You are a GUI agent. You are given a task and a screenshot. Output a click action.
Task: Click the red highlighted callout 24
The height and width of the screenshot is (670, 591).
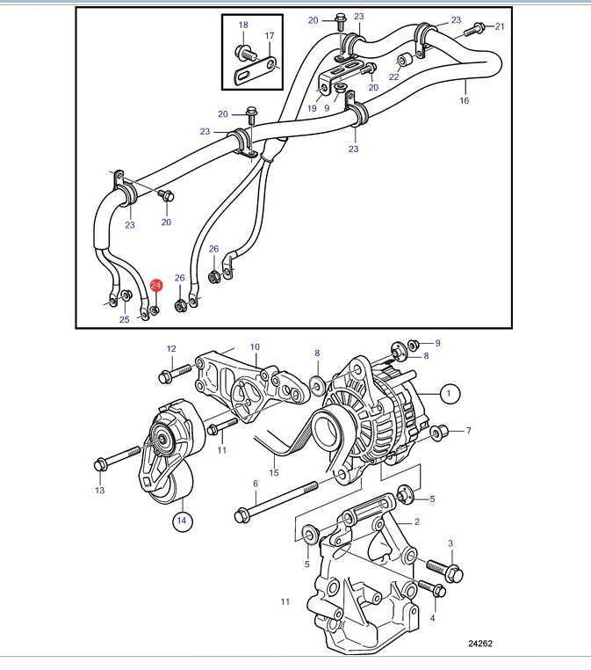pyautogui.click(x=156, y=285)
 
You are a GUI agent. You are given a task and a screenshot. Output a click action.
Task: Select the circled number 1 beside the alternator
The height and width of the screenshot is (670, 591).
pyautogui.click(x=449, y=393)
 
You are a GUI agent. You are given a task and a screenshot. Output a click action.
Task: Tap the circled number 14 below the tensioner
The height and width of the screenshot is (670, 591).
pyautogui.click(x=182, y=521)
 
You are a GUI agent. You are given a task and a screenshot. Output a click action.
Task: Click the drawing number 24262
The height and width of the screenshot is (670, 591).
pyautogui.click(x=480, y=643)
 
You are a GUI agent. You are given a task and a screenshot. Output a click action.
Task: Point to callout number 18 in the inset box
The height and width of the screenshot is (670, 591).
pyautogui.click(x=243, y=25)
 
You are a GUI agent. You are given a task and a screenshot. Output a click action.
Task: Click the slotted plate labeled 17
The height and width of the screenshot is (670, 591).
pyautogui.click(x=257, y=70)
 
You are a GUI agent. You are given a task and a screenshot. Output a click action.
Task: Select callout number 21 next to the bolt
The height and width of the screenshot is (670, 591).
pyautogui.click(x=500, y=26)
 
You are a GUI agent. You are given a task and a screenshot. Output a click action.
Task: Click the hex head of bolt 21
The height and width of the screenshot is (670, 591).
pyautogui.click(x=479, y=27)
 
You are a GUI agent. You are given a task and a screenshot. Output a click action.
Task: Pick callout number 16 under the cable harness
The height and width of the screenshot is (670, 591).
pyautogui.click(x=465, y=100)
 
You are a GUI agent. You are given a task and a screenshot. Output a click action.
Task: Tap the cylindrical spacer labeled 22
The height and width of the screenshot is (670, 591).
pyautogui.click(x=404, y=60)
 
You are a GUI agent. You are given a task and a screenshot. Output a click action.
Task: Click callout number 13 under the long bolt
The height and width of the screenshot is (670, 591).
pyautogui.click(x=100, y=490)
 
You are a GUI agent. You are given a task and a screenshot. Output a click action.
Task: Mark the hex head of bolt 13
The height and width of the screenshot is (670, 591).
pyautogui.click(x=100, y=464)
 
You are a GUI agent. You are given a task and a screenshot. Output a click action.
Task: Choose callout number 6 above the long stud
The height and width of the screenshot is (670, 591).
pyautogui.click(x=256, y=484)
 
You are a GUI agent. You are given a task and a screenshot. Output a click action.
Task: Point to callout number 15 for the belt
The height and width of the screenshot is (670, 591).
pyautogui.click(x=274, y=472)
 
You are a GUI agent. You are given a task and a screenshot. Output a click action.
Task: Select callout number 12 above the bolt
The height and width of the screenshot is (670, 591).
pyautogui.click(x=171, y=349)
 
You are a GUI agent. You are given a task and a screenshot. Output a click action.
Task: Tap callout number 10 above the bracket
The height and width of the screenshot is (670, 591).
pyautogui.click(x=255, y=347)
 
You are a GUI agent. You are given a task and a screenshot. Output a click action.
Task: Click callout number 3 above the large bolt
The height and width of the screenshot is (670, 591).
pyautogui.click(x=450, y=543)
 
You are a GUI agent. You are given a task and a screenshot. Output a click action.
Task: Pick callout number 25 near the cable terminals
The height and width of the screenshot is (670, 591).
pyautogui.click(x=124, y=319)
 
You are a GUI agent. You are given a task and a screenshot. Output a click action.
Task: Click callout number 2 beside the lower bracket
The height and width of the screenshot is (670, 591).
pyautogui.click(x=417, y=521)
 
